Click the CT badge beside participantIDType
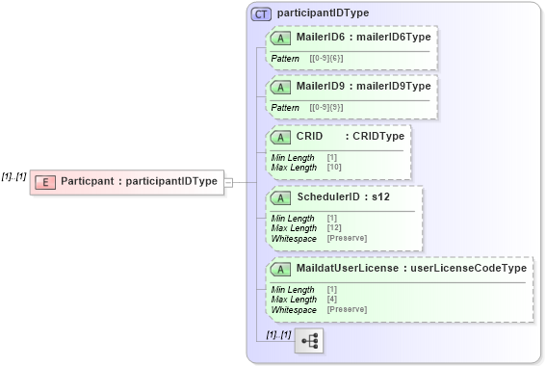[x=261, y=14]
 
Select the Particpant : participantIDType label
[x=139, y=181]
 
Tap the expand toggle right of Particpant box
[x=229, y=181]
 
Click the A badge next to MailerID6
[x=281, y=38]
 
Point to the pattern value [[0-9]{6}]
[x=325, y=59]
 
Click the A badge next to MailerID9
[x=281, y=87]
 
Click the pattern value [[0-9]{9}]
[x=325, y=108]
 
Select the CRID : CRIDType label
[x=351, y=136]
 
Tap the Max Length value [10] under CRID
[x=332, y=168]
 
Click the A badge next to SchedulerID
[x=281, y=197]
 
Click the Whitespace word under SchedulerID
[x=294, y=238]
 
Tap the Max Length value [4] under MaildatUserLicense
[x=332, y=300]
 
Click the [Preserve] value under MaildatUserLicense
[x=347, y=309]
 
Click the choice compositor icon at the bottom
[x=310, y=341]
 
